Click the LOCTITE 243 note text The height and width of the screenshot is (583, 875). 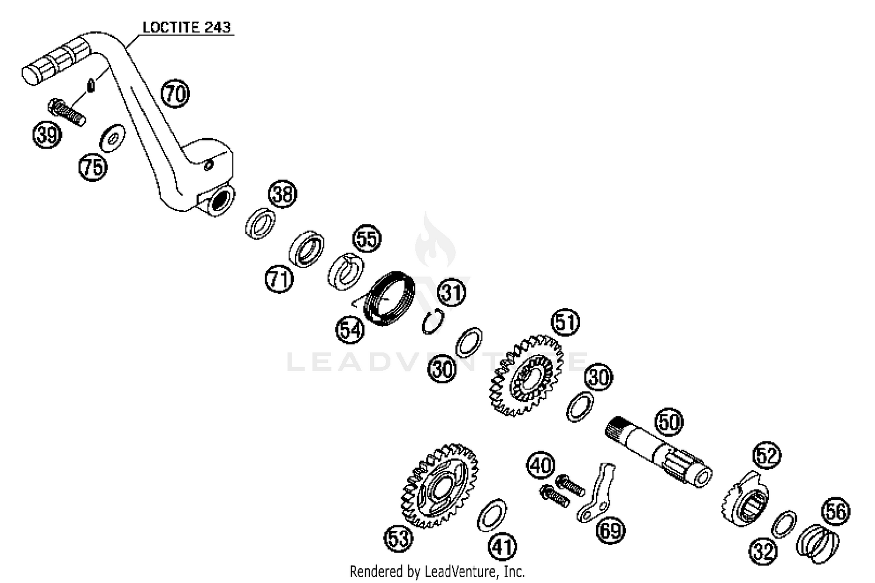pyautogui.click(x=187, y=27)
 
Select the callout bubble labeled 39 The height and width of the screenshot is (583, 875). pyautogui.click(x=47, y=135)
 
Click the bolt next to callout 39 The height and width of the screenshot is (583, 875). pyautogui.click(x=66, y=113)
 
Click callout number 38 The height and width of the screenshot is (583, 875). pyautogui.click(x=282, y=194)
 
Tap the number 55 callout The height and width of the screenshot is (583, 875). pyautogui.click(x=367, y=239)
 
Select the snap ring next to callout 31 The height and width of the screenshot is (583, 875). pyautogui.click(x=432, y=321)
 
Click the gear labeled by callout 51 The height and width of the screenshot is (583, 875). pyautogui.click(x=527, y=375)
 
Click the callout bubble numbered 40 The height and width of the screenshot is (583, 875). pyautogui.click(x=541, y=465)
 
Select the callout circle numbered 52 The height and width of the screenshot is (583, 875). pyautogui.click(x=766, y=455)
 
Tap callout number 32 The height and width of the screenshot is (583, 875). pyautogui.click(x=763, y=550)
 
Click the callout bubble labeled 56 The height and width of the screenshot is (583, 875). pyautogui.click(x=835, y=511)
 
